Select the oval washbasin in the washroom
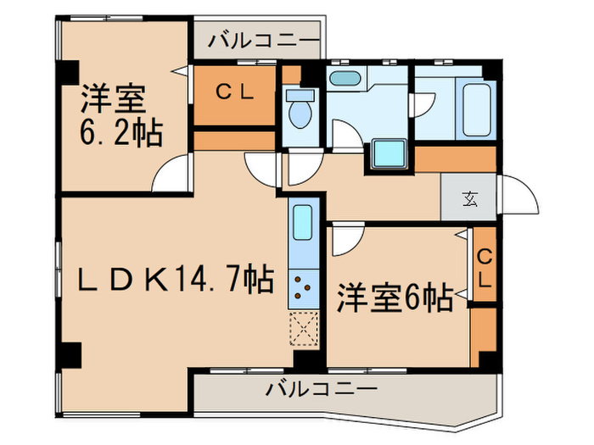(x=344, y=79)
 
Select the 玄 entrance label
(x=469, y=200)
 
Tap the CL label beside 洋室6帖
(x=485, y=265)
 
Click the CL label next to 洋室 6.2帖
(x=234, y=94)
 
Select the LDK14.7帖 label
(x=176, y=277)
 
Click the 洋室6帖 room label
(x=395, y=298)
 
